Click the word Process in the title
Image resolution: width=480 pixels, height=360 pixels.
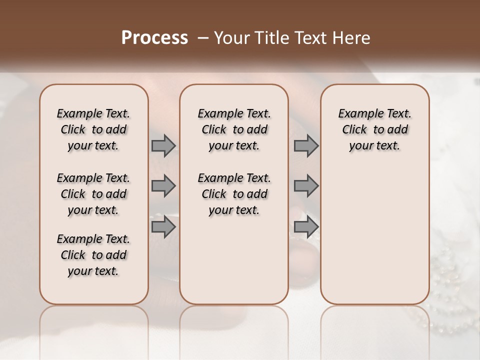pyautogui.click(x=154, y=38)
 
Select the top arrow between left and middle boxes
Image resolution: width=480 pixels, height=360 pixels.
pyautogui.click(x=163, y=145)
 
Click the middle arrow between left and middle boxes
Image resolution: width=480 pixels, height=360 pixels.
pyautogui.click(x=163, y=186)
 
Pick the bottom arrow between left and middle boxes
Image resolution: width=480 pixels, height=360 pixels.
pyautogui.click(x=163, y=226)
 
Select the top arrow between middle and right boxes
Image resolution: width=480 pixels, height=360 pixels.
pyautogui.click(x=306, y=145)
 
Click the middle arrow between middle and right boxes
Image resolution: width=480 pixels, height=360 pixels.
pyautogui.click(x=306, y=186)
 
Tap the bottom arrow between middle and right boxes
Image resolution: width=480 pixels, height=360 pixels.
pyautogui.click(x=306, y=226)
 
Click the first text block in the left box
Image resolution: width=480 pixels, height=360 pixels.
pyautogui.click(x=93, y=129)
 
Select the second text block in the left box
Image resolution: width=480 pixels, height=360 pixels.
pyautogui.click(x=93, y=194)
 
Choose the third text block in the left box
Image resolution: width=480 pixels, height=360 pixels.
pyautogui.click(x=93, y=255)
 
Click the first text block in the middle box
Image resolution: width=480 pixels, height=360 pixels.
pyautogui.click(x=234, y=129)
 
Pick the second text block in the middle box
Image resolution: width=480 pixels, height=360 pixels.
pyautogui.click(x=234, y=194)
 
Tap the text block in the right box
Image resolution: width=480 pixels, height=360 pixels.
pyautogui.click(x=374, y=129)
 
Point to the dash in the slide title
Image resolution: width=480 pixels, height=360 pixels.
pyautogui.click(x=202, y=38)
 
